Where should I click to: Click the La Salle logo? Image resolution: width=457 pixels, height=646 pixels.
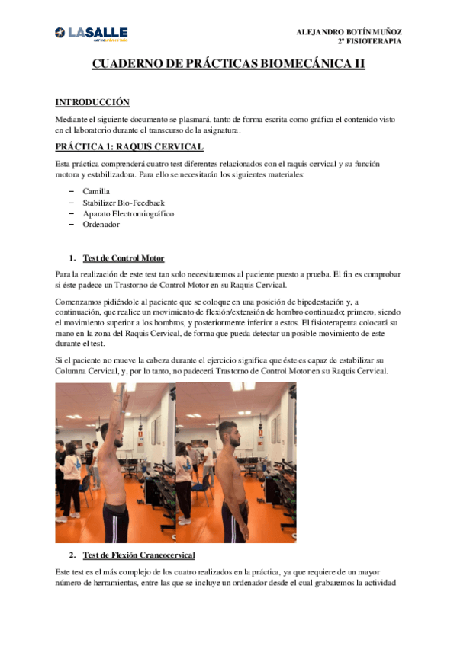(x=91, y=34)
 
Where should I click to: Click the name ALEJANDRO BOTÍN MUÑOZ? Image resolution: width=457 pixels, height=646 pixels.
(x=349, y=32)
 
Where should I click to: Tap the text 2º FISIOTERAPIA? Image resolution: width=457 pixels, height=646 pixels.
(x=369, y=41)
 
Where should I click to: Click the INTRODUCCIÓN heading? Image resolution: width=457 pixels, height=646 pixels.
(x=92, y=102)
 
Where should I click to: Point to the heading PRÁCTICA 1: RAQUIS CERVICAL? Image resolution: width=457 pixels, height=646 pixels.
(x=129, y=146)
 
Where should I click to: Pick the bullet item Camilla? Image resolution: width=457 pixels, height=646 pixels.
(x=97, y=191)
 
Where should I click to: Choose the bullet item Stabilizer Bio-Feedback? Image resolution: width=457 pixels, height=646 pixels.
(x=123, y=203)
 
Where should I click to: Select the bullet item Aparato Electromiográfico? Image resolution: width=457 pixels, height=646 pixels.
(x=127, y=213)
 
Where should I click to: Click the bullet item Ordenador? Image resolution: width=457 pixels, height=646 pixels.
(x=101, y=225)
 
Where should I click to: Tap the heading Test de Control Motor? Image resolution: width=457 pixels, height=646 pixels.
(x=123, y=258)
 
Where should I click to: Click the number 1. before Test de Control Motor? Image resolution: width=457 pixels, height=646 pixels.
(x=72, y=258)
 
